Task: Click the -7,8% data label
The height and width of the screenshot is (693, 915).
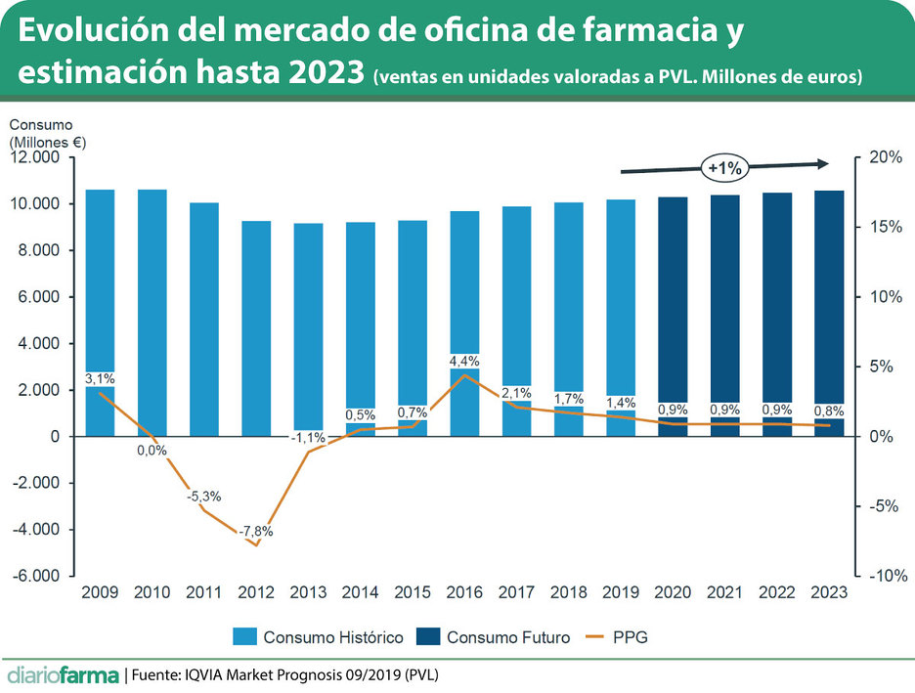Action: click(256, 532)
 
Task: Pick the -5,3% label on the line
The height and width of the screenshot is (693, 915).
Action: click(204, 497)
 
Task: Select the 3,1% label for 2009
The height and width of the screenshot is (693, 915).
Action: click(100, 378)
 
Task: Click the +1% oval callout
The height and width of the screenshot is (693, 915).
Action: click(724, 168)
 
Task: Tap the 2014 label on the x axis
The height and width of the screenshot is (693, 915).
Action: click(361, 592)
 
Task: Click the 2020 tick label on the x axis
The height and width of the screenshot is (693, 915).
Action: click(673, 592)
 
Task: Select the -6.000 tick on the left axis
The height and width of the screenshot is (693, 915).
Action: click(39, 577)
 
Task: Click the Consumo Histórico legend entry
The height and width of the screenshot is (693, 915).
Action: click(318, 637)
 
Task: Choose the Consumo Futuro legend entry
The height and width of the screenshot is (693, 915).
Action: click(495, 637)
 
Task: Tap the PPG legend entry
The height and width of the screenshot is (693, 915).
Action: click(617, 637)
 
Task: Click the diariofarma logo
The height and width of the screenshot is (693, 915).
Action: click(63, 674)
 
